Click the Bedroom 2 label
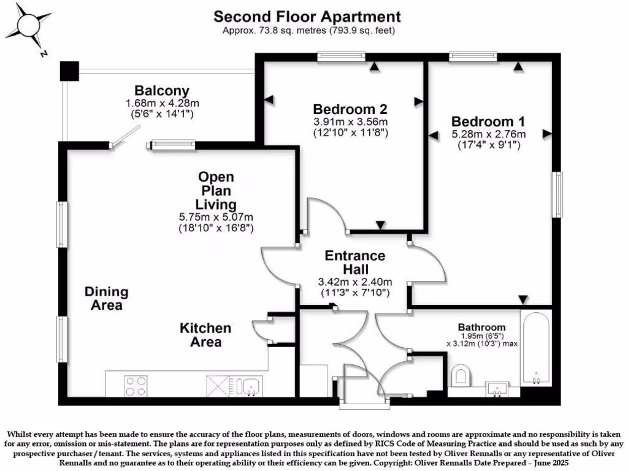pyautogui.click(x=350, y=109)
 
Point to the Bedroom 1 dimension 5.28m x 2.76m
pyautogui.click(x=489, y=134)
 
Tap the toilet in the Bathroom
pyautogui.click(x=461, y=375)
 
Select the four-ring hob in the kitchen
pyautogui.click(x=136, y=385)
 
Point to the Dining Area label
pyautogui.click(x=106, y=298)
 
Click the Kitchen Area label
pyautogui.click(x=205, y=335)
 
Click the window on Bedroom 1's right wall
pyautogui.click(x=557, y=194)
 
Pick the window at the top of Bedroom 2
pyautogui.click(x=341, y=57)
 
